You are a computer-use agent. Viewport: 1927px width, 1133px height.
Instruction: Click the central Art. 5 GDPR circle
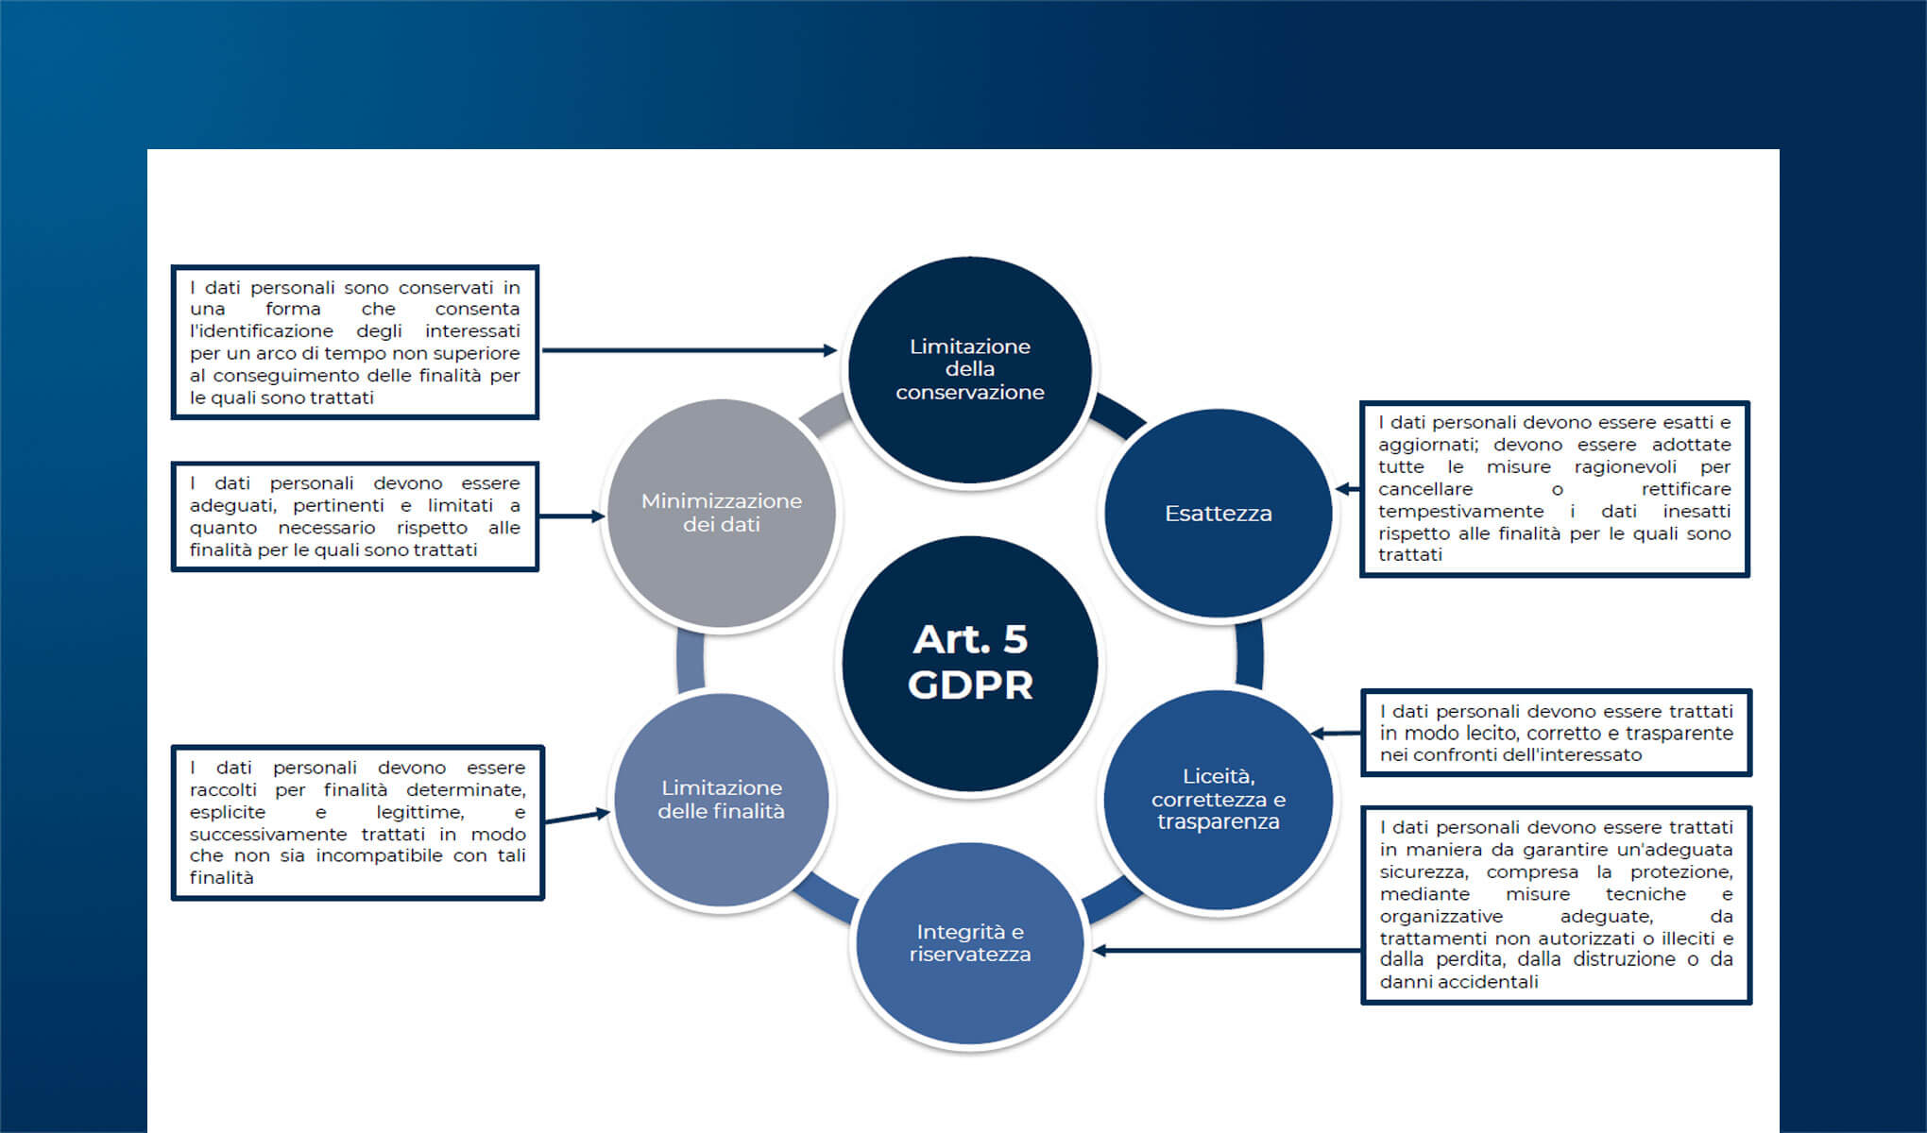970,664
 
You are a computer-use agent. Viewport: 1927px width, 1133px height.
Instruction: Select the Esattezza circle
1218,514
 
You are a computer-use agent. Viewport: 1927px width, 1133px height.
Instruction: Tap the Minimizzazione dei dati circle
722,513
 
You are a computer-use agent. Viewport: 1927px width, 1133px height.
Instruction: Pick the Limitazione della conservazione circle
970,369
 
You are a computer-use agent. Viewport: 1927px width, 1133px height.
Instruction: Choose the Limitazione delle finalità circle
722,800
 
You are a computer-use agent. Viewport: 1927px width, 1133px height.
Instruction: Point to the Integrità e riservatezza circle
970,943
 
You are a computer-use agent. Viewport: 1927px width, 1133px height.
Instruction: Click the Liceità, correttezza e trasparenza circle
1218,800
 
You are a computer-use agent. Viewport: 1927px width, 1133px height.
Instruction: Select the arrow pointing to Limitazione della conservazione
690,350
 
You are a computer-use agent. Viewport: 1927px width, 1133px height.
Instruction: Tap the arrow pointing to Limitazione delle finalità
577,817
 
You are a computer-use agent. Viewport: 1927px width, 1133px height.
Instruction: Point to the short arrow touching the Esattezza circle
1347,489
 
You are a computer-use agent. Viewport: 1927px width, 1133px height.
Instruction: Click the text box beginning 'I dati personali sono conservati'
355,342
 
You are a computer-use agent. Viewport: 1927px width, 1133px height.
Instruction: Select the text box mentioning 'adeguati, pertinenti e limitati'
355,516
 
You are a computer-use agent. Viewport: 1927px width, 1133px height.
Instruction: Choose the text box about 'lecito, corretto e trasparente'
1556,733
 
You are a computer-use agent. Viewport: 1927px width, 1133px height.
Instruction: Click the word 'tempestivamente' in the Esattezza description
1460,512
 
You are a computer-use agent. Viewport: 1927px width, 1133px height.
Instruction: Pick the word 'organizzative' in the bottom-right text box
1441,917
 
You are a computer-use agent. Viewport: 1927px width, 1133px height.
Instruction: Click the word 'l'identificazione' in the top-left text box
262,331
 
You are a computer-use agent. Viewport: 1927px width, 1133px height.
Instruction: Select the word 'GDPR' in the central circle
970,685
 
